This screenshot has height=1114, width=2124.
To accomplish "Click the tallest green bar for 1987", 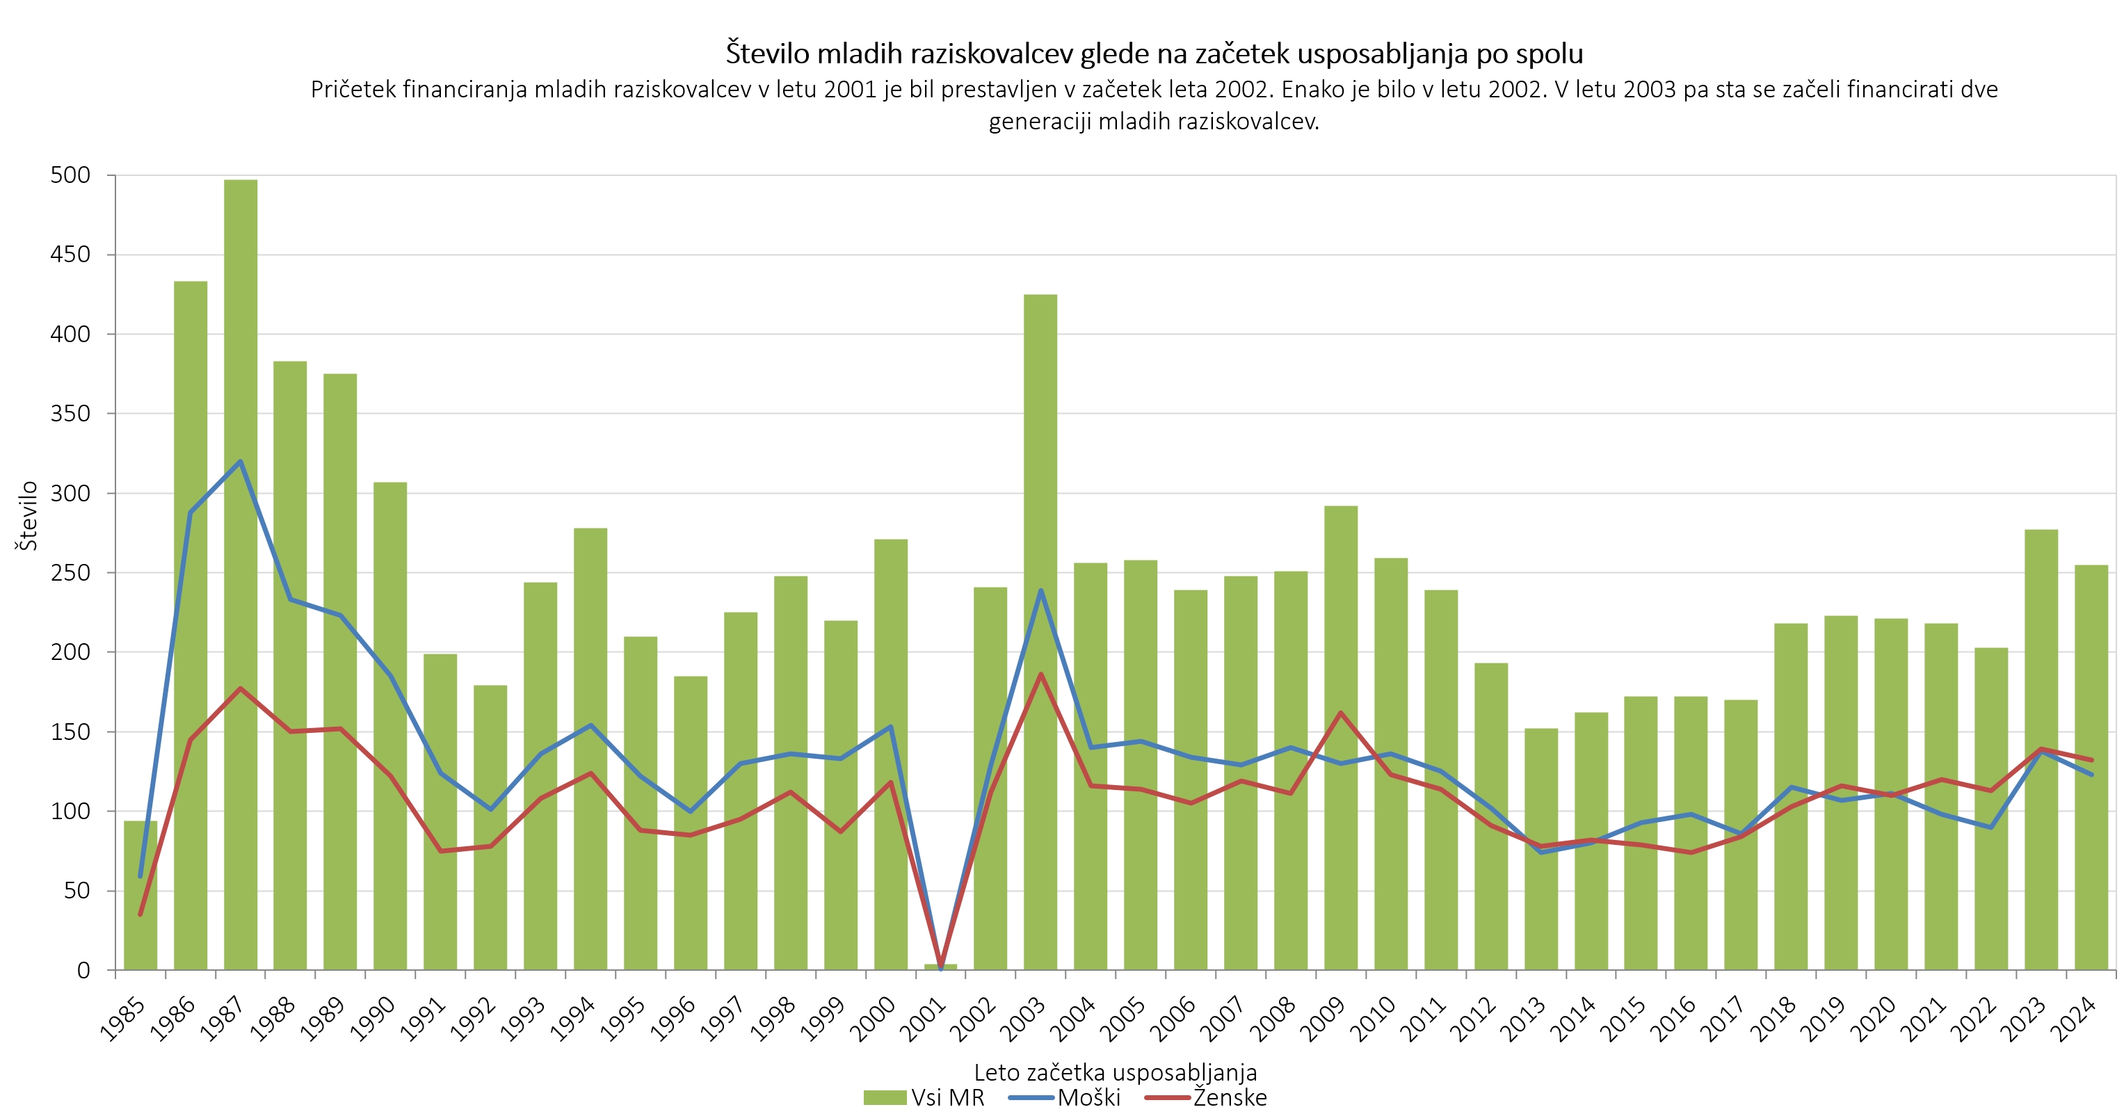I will (240, 577).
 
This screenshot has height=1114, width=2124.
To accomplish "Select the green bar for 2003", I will (1040, 635).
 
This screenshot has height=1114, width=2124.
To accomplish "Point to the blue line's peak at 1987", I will (240, 462).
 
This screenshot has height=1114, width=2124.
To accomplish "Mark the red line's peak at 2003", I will (1040, 674).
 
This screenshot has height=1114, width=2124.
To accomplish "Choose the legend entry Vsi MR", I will (924, 1097).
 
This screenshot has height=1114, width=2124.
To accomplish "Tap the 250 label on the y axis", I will (70, 572).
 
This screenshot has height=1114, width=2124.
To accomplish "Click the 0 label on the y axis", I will (83, 971).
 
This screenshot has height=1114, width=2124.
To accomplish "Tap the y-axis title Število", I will (28, 516).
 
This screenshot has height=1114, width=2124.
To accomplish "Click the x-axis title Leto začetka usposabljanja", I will (1115, 1072).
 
